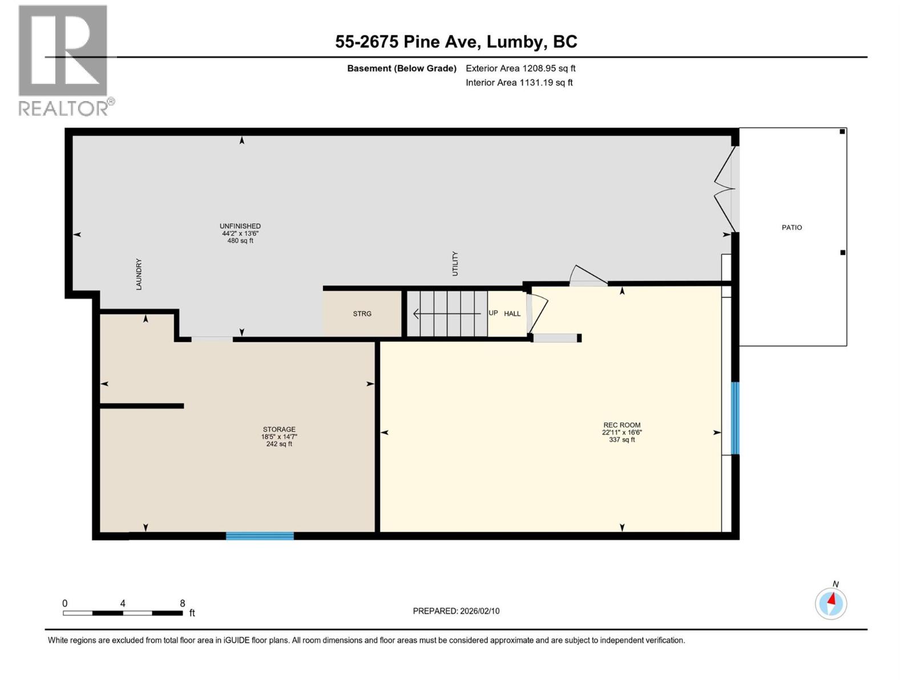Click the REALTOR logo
click(64, 60)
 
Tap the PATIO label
click(791, 227)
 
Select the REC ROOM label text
click(621, 425)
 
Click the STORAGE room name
click(279, 429)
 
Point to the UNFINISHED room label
click(240, 226)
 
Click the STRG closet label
click(362, 314)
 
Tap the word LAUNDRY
click(139, 275)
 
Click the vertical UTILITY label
click(455, 264)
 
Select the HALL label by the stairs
click(512, 313)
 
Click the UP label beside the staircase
click(493, 313)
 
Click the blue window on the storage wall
click(260, 535)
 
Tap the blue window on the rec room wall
click(735, 418)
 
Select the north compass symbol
click(831, 603)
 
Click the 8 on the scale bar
click(183, 603)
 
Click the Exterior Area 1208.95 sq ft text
click(520, 68)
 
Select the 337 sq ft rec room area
click(621, 440)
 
